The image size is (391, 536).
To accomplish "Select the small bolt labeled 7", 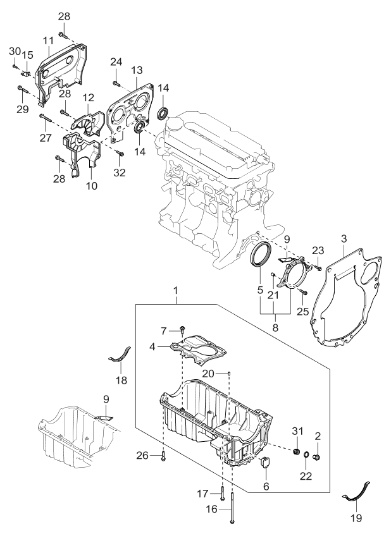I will [x=182, y=329].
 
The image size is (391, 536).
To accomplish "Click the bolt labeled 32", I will [x=121, y=153].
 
